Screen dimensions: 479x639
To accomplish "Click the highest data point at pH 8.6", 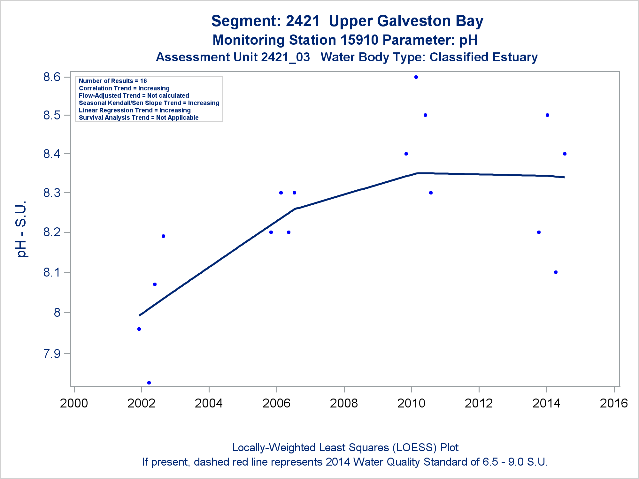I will [x=416, y=77].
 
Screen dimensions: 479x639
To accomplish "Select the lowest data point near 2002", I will [x=149, y=383].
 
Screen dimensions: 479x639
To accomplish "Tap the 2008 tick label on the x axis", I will [x=344, y=403].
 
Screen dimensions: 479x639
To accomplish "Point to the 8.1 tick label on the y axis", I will [x=52, y=272].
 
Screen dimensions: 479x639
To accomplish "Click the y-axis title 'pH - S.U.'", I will [x=22, y=229].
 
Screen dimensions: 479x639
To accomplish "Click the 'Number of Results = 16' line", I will [x=113, y=81].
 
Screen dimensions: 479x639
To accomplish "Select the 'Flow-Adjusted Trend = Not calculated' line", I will [x=134, y=96].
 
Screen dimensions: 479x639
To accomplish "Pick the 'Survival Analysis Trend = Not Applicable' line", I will [x=139, y=118].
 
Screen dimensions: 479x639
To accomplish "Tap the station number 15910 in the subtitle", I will [x=359, y=40].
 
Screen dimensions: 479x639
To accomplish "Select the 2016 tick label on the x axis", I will [x=614, y=403].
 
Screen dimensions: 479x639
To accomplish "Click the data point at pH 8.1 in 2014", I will [x=556, y=272].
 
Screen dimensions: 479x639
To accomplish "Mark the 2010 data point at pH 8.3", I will [x=431, y=193].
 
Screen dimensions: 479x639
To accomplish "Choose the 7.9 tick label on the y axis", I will [x=52, y=354].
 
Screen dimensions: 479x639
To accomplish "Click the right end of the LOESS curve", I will [x=564, y=177].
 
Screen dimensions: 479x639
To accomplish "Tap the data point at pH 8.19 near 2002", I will [x=163, y=236].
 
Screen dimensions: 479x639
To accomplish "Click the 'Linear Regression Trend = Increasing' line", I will [x=135, y=110].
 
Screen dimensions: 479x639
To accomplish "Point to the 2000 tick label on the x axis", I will [x=74, y=403].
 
